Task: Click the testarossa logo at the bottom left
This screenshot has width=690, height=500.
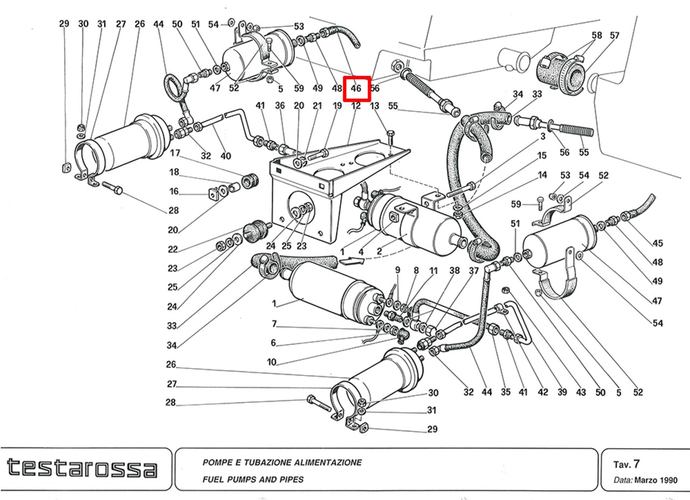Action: (82, 468)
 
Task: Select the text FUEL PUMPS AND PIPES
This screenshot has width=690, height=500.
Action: (253, 479)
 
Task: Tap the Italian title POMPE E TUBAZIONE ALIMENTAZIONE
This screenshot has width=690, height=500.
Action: (282, 462)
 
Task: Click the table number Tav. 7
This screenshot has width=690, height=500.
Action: (626, 464)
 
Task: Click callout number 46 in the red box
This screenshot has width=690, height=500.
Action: (356, 88)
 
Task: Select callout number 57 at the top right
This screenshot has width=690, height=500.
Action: (615, 36)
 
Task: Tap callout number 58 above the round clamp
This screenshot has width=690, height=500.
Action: (596, 36)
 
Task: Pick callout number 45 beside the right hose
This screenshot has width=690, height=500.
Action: (658, 243)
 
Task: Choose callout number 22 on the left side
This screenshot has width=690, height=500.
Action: (172, 249)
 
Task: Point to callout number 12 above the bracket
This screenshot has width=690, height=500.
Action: (356, 106)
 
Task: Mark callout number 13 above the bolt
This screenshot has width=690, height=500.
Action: (375, 106)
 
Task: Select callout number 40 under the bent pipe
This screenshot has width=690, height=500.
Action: (225, 156)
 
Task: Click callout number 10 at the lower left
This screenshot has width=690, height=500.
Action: (272, 362)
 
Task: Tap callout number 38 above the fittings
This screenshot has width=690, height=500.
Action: (454, 270)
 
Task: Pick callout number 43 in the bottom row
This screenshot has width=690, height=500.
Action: (581, 392)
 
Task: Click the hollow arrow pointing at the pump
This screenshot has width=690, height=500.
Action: (351, 261)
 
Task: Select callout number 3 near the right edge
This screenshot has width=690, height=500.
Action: (543, 137)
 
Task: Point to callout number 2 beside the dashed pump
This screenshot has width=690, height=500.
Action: (379, 251)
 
